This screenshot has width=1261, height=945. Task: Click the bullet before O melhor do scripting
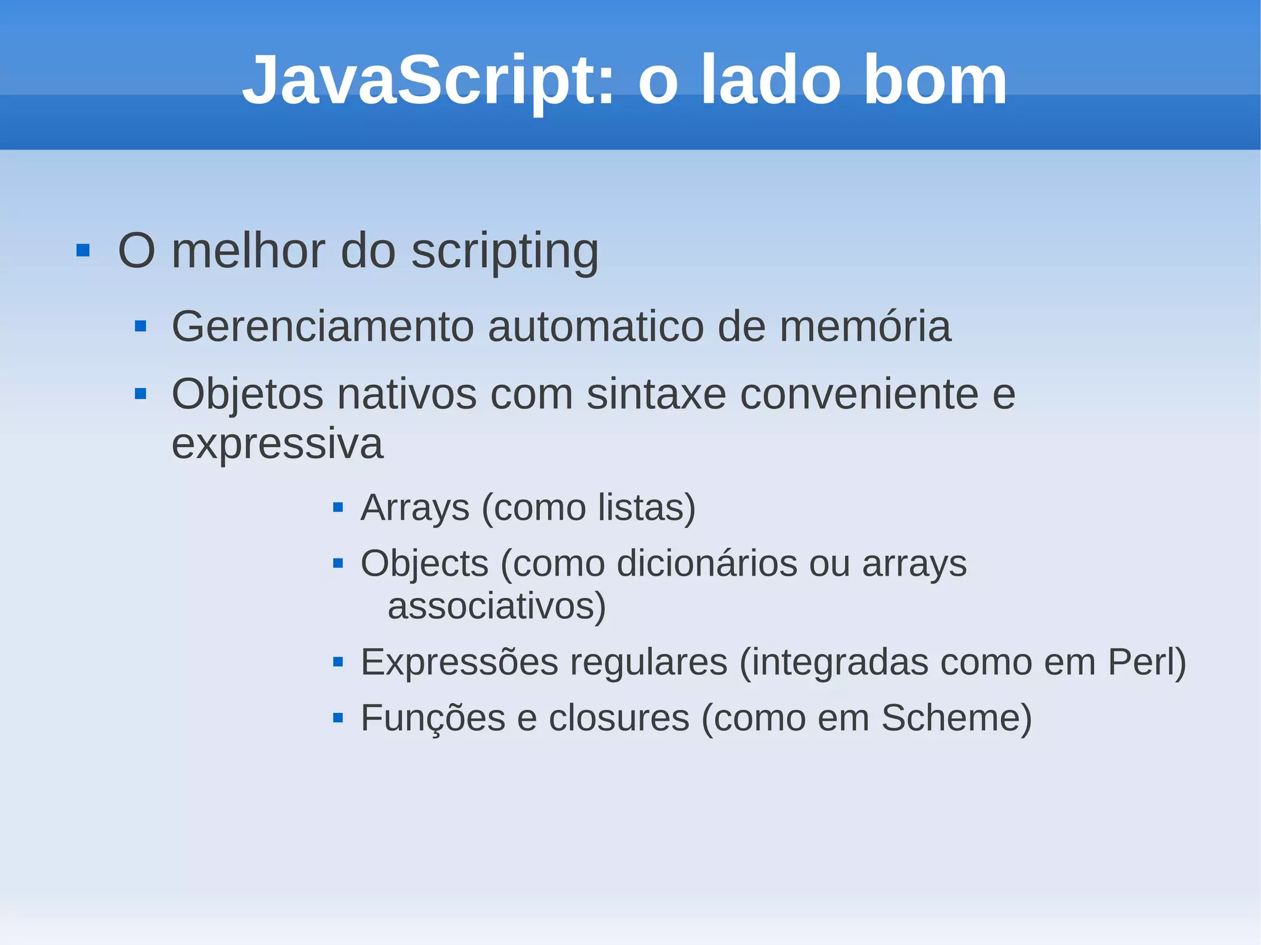[83, 251]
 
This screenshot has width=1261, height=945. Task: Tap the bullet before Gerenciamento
[140, 326]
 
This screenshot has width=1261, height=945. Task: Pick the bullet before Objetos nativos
[140, 393]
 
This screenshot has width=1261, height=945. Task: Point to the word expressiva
[277, 444]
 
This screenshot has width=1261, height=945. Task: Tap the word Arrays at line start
[415, 508]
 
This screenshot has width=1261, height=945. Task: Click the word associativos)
[497, 606]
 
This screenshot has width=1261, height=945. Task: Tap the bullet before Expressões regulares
[337, 662]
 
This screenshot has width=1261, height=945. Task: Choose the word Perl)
[1146, 662]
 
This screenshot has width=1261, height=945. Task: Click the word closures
[619, 718]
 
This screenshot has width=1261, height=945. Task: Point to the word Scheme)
[956, 718]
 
